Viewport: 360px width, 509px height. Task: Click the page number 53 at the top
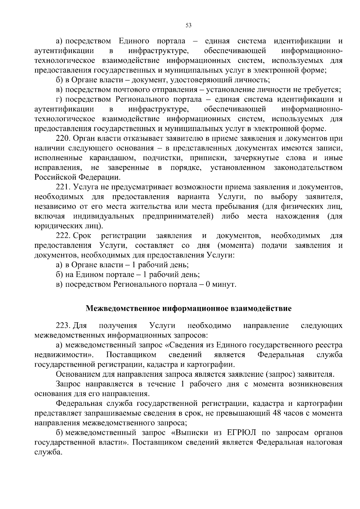click(x=189, y=25)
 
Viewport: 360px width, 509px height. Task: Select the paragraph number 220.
click(x=63, y=139)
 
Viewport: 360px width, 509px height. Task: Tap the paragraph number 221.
click(x=63, y=187)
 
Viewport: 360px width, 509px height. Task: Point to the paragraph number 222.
click(x=63, y=236)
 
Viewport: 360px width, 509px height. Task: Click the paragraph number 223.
click(x=63, y=326)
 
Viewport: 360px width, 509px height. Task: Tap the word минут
click(x=224, y=284)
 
